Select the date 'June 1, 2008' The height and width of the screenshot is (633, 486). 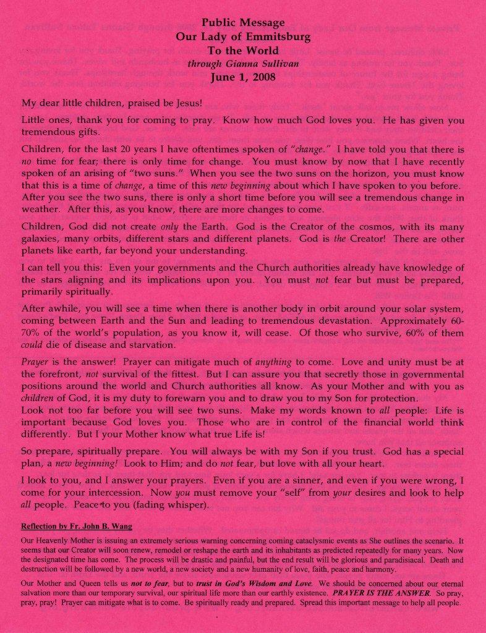242,77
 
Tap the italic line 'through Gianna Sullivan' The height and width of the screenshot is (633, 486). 242,64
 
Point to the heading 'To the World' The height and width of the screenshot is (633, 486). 242,51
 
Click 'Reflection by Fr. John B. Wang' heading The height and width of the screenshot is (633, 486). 77,527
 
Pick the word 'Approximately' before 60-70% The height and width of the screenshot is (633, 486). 418,321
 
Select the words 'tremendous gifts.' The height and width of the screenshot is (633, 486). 60,133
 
